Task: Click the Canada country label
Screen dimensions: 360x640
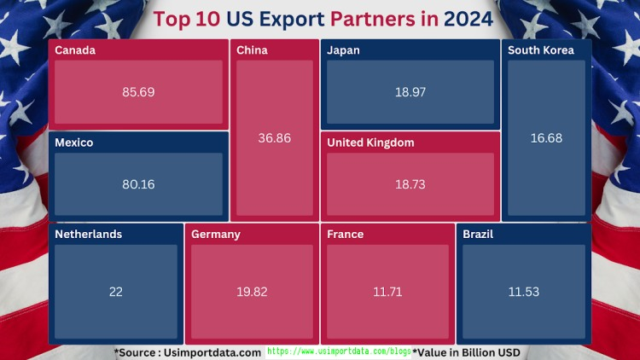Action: pos(75,50)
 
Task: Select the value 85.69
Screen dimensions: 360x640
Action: pos(138,92)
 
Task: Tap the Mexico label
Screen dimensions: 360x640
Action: pos(74,142)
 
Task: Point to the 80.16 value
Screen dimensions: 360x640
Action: pos(138,184)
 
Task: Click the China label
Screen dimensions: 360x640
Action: pos(252,50)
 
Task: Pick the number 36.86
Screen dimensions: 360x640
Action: pos(275,138)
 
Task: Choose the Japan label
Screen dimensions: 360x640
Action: pos(343,50)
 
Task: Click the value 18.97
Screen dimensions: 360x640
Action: pos(410,92)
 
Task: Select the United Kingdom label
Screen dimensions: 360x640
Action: pos(370,142)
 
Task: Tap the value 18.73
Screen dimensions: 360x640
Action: pos(410,184)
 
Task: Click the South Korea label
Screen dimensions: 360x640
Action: pos(541,50)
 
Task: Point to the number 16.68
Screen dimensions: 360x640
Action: pos(546,138)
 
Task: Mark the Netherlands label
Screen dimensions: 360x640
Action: pos(89,235)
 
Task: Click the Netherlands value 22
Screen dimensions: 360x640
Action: pos(116,292)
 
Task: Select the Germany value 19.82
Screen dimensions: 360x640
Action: pos(252,292)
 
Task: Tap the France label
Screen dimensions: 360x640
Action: pos(345,235)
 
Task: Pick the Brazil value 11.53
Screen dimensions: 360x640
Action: pos(524,292)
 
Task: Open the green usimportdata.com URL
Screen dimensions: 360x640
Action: pos(339,351)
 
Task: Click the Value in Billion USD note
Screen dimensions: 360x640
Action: pos(467,352)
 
